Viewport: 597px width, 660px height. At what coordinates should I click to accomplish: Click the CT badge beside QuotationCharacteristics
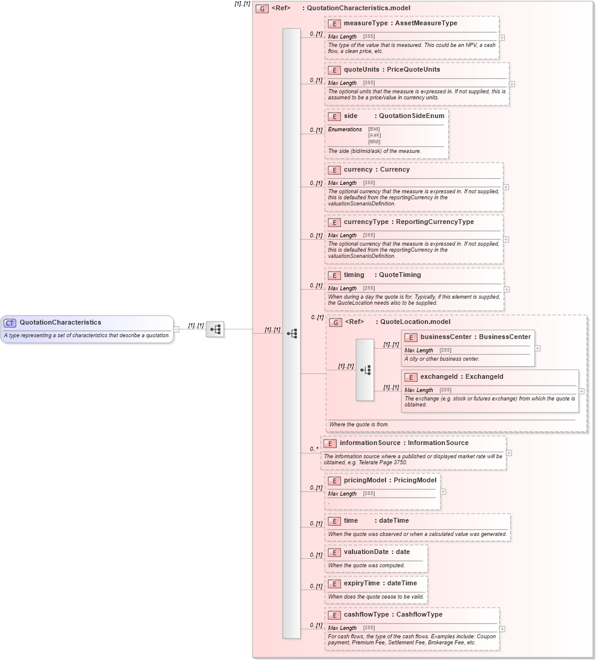click(10, 323)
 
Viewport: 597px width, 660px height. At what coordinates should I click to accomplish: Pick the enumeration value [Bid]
click(374, 129)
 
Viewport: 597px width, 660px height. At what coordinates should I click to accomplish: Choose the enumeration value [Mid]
click(374, 142)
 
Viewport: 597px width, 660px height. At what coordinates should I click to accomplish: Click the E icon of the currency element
click(334, 170)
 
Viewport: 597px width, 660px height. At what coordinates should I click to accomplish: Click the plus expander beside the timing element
click(507, 290)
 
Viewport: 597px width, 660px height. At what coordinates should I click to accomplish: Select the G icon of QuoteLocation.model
click(335, 322)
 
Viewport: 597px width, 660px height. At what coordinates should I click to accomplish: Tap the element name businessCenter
click(446, 337)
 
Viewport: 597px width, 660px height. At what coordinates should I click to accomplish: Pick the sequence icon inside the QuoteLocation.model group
click(365, 370)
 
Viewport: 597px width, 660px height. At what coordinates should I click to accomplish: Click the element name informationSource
click(370, 443)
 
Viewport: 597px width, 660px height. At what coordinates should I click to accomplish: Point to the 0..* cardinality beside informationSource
click(314, 449)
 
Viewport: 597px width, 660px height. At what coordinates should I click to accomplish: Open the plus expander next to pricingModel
click(443, 491)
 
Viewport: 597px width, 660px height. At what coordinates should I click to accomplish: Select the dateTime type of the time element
click(393, 521)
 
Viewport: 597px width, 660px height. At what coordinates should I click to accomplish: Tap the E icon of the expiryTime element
click(334, 584)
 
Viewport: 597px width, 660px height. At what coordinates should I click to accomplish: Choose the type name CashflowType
click(419, 615)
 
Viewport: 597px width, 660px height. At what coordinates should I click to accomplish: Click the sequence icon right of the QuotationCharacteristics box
click(215, 329)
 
